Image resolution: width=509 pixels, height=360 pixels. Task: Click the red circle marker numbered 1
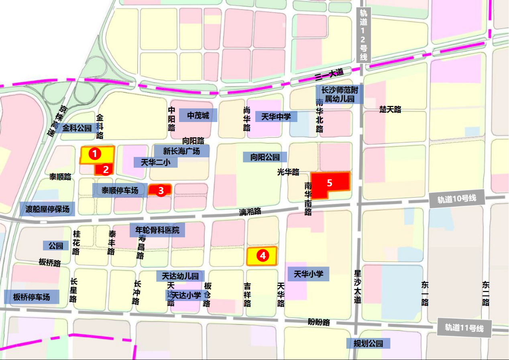[94, 153]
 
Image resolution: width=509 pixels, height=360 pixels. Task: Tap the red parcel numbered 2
[106, 169]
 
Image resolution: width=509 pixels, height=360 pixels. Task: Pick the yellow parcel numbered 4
[262, 256]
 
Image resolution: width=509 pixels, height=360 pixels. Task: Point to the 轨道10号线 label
[456, 199]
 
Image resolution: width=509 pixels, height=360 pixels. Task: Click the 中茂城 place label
[198, 116]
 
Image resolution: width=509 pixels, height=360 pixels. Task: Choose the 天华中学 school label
[276, 117]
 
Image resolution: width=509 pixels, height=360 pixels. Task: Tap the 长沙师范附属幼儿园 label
[340, 94]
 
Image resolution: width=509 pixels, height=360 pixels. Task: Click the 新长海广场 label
[181, 151]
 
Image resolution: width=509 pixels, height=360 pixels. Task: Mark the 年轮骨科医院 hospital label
[157, 230]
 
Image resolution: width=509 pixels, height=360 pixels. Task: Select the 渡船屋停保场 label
[47, 209]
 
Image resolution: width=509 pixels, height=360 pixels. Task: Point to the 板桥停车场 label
[32, 297]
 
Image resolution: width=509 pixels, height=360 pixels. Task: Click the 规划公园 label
[368, 344]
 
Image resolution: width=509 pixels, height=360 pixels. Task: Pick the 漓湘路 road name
[250, 212]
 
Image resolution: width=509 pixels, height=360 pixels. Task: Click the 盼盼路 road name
[319, 322]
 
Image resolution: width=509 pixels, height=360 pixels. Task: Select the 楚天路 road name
[390, 110]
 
